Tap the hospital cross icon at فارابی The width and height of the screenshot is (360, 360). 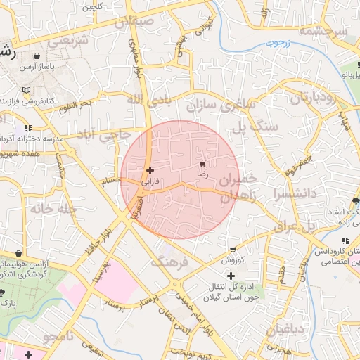(150, 170)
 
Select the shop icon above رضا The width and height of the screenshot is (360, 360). (204, 162)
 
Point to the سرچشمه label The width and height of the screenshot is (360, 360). (323, 31)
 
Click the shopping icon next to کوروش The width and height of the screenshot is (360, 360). (233, 250)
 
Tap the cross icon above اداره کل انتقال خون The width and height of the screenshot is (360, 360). (231, 276)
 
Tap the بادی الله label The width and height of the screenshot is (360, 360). (148, 100)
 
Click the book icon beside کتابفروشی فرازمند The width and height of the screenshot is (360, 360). (27, 91)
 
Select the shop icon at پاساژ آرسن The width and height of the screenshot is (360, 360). (36, 56)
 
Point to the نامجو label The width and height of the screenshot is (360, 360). (59, 338)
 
